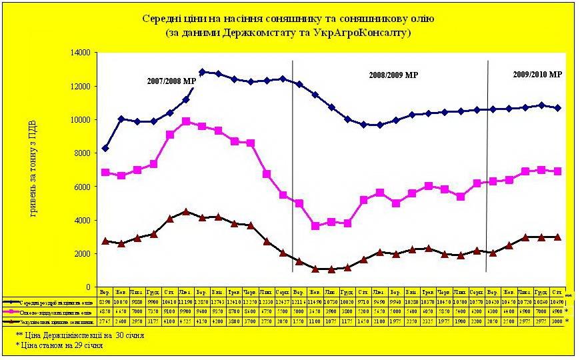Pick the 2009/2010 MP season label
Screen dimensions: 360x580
(x=538, y=74)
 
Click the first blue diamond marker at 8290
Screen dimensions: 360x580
(x=105, y=148)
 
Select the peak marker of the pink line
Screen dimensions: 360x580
(x=186, y=121)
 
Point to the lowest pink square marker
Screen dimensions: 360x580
(x=315, y=226)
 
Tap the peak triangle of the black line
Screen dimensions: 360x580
(x=186, y=211)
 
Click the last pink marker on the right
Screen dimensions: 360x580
(x=557, y=171)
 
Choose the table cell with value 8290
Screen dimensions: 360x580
(x=105, y=302)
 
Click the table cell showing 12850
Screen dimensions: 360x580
(x=202, y=302)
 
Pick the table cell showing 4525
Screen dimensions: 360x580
(x=186, y=321)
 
